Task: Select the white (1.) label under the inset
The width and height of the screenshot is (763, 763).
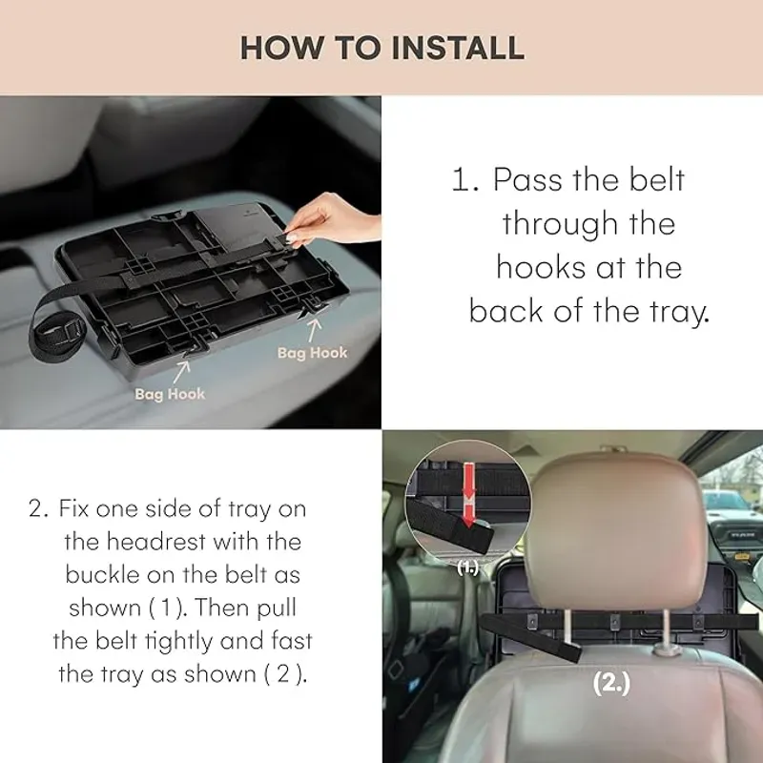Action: [x=467, y=568]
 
